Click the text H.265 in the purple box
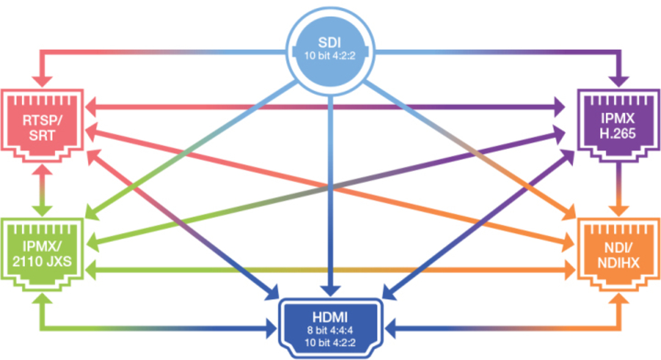point(617,132)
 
